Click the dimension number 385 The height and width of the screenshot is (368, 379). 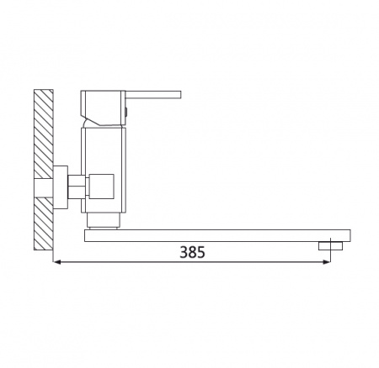point(192,252)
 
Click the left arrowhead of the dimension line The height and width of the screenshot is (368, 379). point(56,262)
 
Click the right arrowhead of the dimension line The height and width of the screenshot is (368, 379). point(327,262)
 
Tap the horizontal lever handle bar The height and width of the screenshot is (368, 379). point(153,94)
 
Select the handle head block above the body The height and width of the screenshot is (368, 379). point(103,108)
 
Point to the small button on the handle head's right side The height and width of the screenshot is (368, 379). point(126,112)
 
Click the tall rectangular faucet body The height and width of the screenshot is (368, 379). point(104,170)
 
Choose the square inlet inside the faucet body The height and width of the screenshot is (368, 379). point(101,187)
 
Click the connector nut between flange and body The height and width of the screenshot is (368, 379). point(77,187)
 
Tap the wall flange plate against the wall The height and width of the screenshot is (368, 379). point(61,187)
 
